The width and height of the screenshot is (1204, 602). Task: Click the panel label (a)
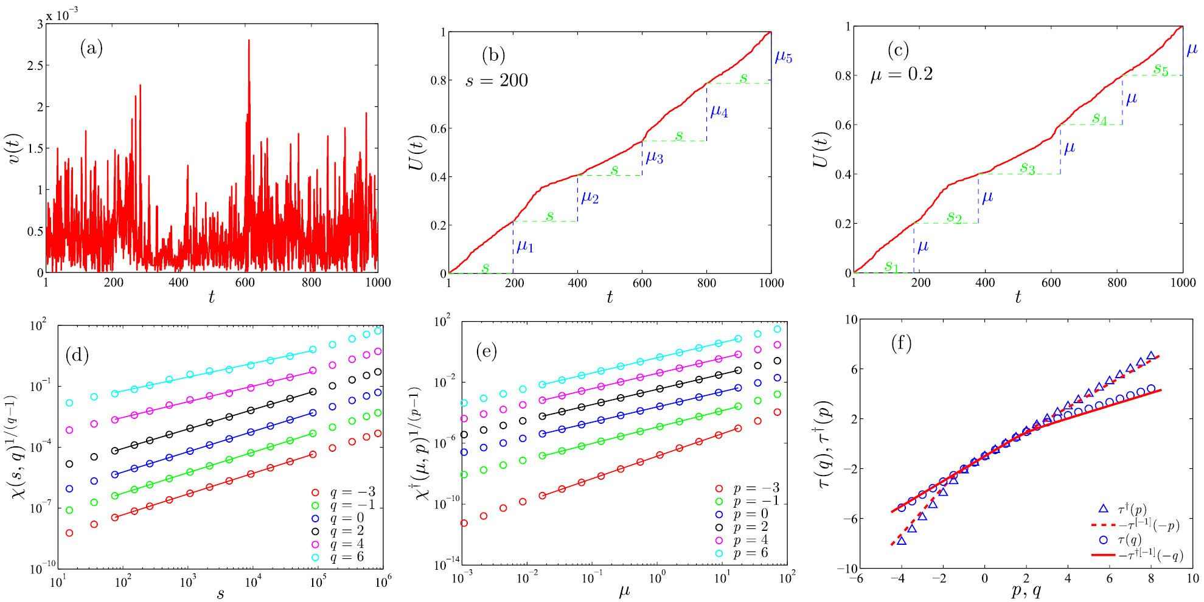tap(91, 48)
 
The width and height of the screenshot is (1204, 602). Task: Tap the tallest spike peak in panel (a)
tap(249, 41)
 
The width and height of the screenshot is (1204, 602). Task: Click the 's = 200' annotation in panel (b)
tap(496, 80)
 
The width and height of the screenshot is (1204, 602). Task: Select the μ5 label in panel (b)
tap(783, 58)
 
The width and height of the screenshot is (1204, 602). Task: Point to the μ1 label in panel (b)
tap(524, 246)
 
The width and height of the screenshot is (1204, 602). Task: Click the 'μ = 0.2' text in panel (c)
tap(901, 74)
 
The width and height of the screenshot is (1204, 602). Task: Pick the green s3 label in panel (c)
tap(1027, 168)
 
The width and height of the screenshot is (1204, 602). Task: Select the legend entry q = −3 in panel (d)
tap(352, 492)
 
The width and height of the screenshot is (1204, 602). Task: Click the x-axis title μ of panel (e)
tap(624, 590)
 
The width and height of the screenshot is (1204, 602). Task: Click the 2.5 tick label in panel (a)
tap(35, 65)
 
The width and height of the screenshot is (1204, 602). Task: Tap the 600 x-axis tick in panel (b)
tap(642, 283)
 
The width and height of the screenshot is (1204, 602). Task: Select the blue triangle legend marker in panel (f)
tap(1103, 508)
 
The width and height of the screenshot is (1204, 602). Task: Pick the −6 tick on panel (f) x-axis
tap(856, 578)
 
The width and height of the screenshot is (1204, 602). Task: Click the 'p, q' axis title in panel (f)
tap(1026, 591)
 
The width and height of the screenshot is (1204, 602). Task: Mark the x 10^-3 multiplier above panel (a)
tap(62, 14)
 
